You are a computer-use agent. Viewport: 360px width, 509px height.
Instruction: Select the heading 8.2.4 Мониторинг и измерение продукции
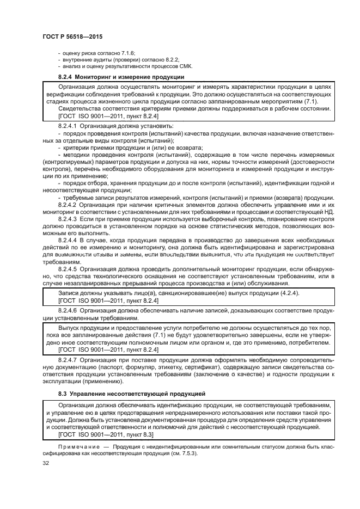tap(121, 77)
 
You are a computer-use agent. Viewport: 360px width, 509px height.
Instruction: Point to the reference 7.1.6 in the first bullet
tap(126, 53)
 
